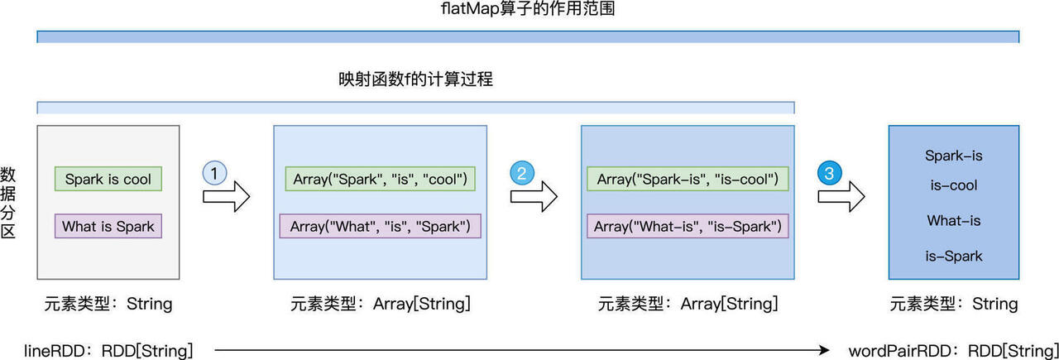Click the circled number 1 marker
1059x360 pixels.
point(214,174)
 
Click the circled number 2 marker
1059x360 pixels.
point(522,173)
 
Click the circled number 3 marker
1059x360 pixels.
point(830,173)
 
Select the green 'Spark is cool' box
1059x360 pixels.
point(108,179)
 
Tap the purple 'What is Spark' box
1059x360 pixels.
point(108,226)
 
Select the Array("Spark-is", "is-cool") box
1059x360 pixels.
point(688,179)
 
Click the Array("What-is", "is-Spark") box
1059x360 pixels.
point(688,226)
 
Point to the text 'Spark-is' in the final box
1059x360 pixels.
point(954,156)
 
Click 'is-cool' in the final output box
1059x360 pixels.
point(954,185)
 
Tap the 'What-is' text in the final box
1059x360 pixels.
point(954,221)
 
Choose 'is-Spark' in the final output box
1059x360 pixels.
point(954,256)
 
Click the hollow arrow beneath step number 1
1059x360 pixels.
point(226,197)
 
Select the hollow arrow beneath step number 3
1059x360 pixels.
point(841,197)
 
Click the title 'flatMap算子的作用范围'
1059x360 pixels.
point(528,10)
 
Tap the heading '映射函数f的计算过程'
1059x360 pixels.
point(415,80)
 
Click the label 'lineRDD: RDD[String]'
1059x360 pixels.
point(119,351)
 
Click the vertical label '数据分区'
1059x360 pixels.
point(8,203)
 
